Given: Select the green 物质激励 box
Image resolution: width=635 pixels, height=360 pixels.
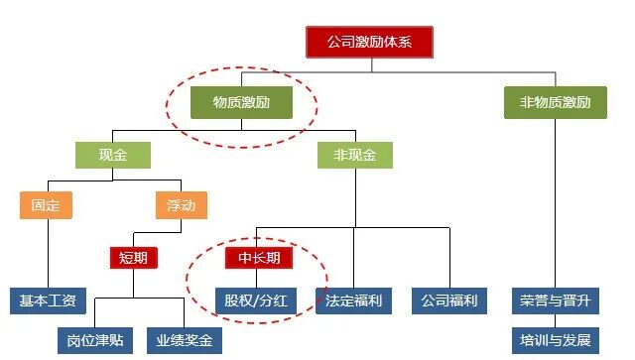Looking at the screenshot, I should pos(239,102).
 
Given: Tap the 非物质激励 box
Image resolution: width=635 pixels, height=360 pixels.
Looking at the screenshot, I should pos(555,102).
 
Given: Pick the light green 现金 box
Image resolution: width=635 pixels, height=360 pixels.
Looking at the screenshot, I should pos(112,155).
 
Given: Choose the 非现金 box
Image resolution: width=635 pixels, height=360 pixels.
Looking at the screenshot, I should pos(354,155).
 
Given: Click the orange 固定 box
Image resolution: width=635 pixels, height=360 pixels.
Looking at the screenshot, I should pos(46,205).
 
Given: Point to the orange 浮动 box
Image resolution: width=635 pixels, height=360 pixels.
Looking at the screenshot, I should pos(182,205).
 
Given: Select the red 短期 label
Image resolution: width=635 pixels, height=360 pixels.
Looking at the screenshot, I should pos(133,258).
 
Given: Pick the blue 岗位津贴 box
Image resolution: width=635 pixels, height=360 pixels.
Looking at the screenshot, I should pos(97,340).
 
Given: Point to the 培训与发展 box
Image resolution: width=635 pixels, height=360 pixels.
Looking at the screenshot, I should pos(554,340).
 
